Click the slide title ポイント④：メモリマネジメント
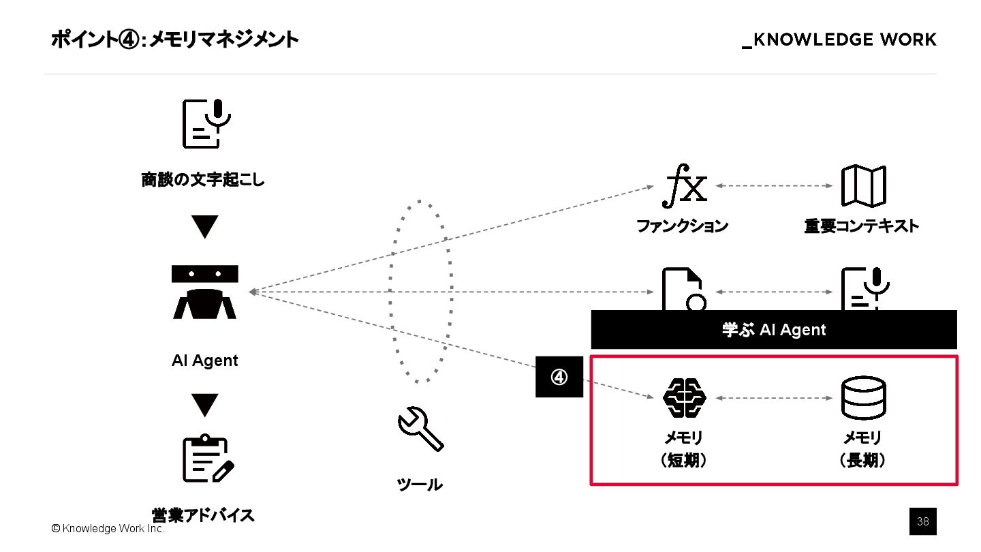pyautogui.click(x=174, y=40)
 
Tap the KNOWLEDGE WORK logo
pyautogui.click(x=839, y=40)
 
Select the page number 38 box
pyautogui.click(x=923, y=522)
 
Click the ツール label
pyautogui.click(x=420, y=485)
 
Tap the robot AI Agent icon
pyautogui.click(x=204, y=292)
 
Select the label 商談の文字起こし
pyautogui.click(x=203, y=181)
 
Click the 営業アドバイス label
pyautogui.click(x=203, y=515)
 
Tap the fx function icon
pyautogui.click(x=685, y=187)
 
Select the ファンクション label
pyautogui.click(x=682, y=226)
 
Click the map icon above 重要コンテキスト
pyautogui.click(x=862, y=186)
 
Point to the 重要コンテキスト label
pyautogui.click(x=861, y=226)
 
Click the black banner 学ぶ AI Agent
pyautogui.click(x=773, y=330)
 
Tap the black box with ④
pyautogui.click(x=559, y=376)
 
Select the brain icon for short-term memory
pyautogui.click(x=685, y=397)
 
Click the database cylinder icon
pyautogui.click(x=863, y=397)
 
